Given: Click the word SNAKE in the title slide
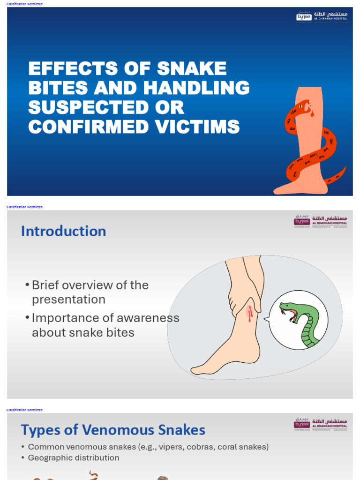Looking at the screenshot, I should tap(192, 69).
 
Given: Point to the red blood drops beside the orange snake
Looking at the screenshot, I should tap(311, 112).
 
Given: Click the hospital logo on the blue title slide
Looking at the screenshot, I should tap(322, 17).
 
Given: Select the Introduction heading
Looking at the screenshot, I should tap(63, 231).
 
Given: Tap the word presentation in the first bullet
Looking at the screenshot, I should tap(68, 300).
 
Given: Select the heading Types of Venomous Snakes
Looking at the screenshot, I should tap(113, 430).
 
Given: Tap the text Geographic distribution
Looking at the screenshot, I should tap(74, 457).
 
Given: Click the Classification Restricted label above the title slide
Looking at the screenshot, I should tap(24, 4).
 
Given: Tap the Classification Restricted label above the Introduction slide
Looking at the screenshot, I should tap(24, 207).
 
